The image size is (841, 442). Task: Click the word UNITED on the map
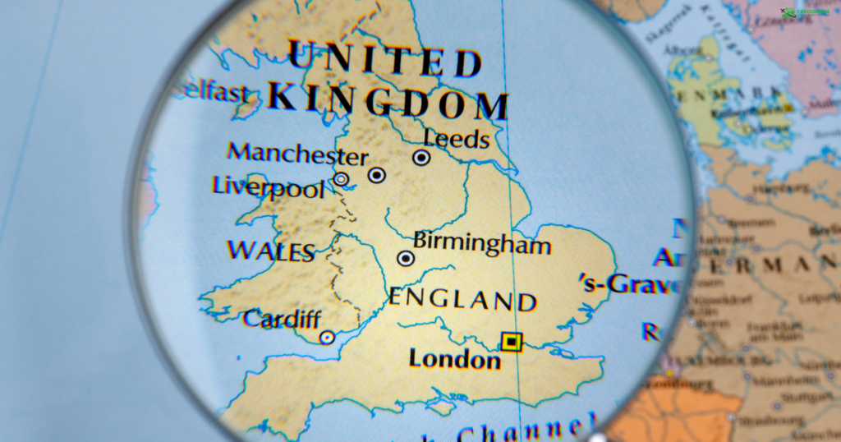[384, 61]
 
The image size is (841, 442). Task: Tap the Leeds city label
[457, 138]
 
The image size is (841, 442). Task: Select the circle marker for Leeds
[421, 157]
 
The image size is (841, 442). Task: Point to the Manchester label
[297, 154]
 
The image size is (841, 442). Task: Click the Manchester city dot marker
[376, 174]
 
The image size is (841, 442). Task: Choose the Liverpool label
[269, 186]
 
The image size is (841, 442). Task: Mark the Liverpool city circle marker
[341, 179]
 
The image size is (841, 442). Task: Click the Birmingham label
[482, 243]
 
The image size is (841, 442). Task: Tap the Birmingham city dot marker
[405, 258]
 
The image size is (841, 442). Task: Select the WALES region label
[271, 251]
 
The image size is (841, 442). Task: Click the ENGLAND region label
[462, 299]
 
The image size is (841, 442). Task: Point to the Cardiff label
[282, 318]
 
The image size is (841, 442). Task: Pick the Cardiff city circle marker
[327, 337]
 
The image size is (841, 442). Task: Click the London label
[455, 359]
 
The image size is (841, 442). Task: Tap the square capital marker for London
[512, 342]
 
